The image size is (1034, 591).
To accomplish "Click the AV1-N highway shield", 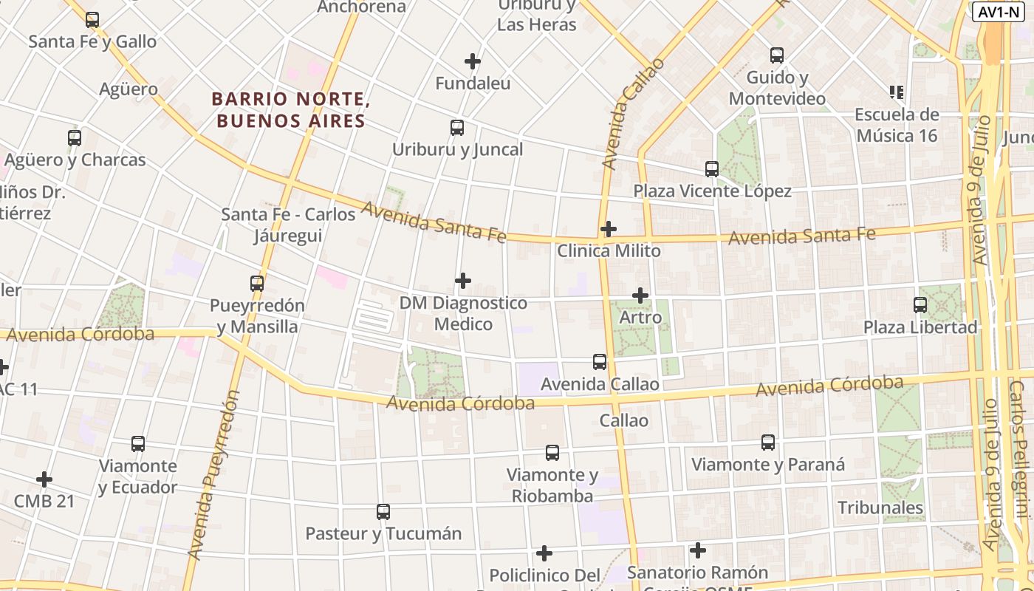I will point(998,12).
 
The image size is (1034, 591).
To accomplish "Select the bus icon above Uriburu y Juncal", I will point(457,128).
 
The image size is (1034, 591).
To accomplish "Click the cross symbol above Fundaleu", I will point(473,61).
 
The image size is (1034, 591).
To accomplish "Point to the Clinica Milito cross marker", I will point(609,229).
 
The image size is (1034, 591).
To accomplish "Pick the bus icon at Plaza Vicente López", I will point(712,169).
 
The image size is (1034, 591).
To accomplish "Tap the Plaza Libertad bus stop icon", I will point(920,304).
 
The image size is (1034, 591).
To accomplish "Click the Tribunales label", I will point(880,508).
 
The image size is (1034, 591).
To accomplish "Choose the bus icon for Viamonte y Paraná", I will point(768,443).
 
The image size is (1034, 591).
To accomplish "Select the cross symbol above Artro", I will point(640,296).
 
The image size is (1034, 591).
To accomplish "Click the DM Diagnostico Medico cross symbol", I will point(463,281).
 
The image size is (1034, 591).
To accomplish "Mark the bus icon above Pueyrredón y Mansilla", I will point(257,283).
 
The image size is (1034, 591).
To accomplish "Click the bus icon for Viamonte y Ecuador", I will point(138,444).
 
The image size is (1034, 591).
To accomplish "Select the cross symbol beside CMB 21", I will point(44,479).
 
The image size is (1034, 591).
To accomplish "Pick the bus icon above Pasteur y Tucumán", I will point(383,511).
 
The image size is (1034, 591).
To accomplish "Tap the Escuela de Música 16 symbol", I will point(897,92).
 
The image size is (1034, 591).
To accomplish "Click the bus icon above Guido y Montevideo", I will point(777,55).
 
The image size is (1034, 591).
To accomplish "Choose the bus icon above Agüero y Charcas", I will point(75,137).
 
